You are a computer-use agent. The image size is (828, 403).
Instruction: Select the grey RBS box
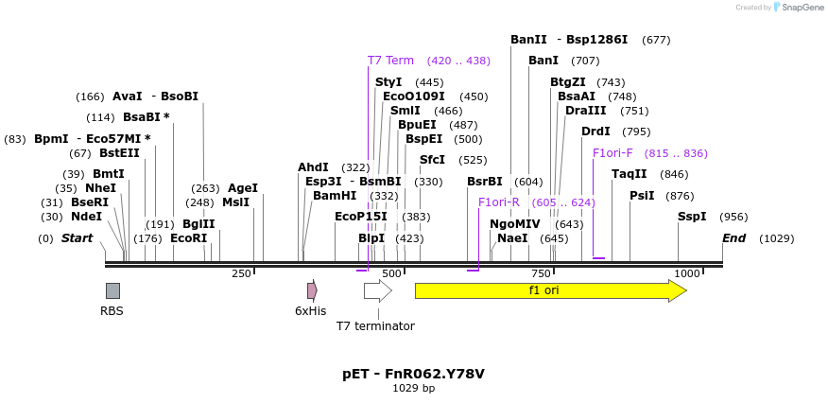pyautogui.click(x=112, y=290)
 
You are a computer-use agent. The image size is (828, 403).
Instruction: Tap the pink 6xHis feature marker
pyautogui.click(x=312, y=290)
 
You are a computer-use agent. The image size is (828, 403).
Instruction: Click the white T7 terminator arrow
pyautogui.click(x=377, y=290)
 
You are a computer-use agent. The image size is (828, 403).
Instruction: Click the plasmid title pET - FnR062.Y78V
pyautogui.click(x=413, y=374)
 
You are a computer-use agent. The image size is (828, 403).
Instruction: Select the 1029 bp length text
pyautogui.click(x=413, y=388)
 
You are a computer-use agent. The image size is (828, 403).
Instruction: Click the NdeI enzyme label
pyautogui.click(x=86, y=217)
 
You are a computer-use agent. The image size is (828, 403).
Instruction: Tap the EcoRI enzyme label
pyautogui.click(x=188, y=238)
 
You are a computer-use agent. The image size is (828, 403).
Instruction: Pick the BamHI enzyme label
pyautogui.click(x=335, y=196)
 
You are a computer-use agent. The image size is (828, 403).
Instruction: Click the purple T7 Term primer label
pyautogui.click(x=390, y=61)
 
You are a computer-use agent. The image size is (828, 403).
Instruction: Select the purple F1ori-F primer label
pyautogui.click(x=612, y=153)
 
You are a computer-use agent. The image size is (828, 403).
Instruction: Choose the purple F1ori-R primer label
pyautogui.click(x=499, y=202)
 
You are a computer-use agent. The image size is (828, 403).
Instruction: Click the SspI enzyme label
pyautogui.click(x=692, y=217)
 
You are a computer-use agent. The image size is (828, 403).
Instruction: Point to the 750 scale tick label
pyautogui.click(x=540, y=273)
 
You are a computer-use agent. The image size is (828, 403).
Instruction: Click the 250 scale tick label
pyautogui.click(x=241, y=273)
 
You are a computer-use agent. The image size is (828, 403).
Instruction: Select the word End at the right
pyautogui.click(x=734, y=238)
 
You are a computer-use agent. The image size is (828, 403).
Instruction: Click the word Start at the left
pyautogui.click(x=77, y=238)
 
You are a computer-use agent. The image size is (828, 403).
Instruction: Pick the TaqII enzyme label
pyautogui.click(x=630, y=174)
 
